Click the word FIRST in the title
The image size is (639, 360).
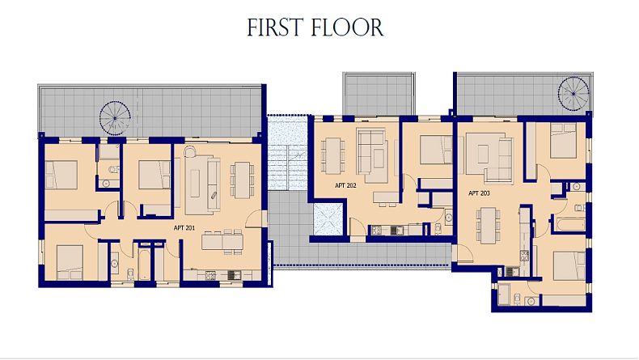(275, 28)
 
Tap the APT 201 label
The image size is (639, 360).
(184, 228)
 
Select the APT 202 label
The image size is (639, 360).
(345, 185)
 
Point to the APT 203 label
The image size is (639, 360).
(479, 193)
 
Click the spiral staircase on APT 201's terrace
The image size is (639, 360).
(115, 118)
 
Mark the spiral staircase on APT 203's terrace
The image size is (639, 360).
(573, 94)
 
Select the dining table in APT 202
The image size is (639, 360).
(333, 156)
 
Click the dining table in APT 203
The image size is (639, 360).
(488, 226)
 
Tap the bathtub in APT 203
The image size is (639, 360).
(570, 225)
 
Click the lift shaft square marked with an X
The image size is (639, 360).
(328, 220)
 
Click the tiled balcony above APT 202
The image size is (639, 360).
(379, 94)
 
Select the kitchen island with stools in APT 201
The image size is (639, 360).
(222, 241)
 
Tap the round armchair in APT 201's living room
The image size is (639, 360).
(189, 151)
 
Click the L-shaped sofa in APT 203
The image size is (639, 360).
(489, 158)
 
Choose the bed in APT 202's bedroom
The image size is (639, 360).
(436, 150)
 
